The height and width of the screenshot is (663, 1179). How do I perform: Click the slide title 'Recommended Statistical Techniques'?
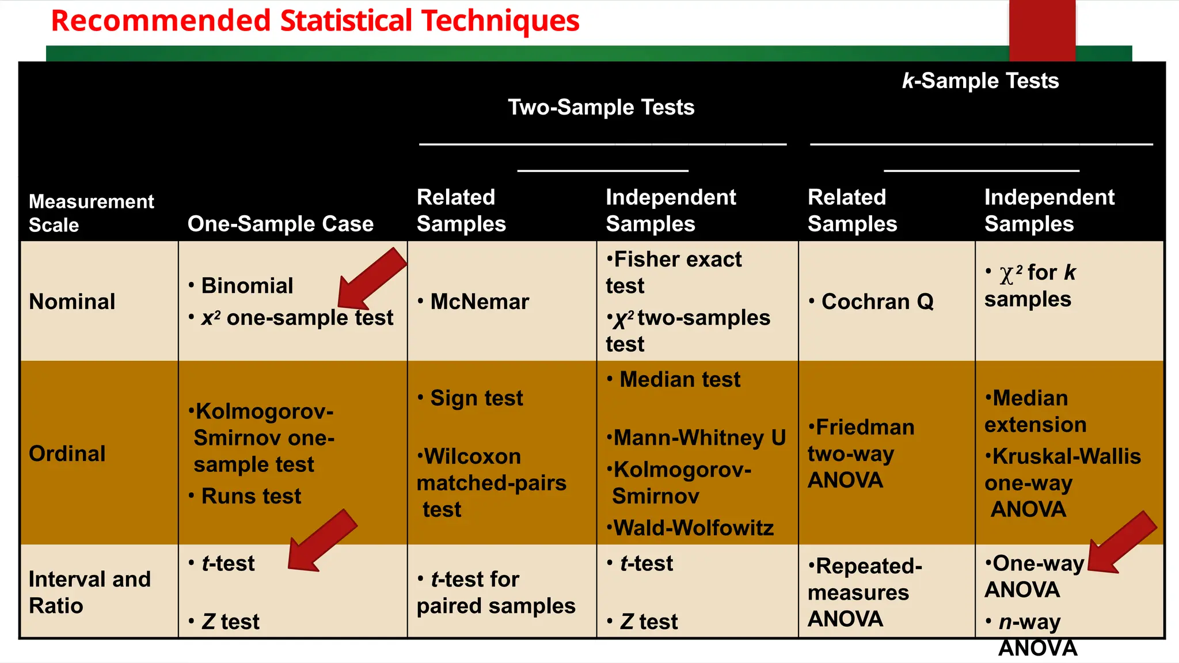(315, 21)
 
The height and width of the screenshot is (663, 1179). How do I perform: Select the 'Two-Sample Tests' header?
(600, 108)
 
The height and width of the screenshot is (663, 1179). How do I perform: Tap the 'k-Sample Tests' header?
(980, 81)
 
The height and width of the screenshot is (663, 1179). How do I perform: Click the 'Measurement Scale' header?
(91, 213)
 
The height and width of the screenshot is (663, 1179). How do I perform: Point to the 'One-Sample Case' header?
(280, 224)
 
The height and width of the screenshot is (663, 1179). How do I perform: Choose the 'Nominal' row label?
(72, 302)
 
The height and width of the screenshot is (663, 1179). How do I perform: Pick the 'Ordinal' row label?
(67, 454)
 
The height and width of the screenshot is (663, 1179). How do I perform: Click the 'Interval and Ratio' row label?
(89, 592)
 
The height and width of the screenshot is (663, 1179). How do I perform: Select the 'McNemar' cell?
(479, 302)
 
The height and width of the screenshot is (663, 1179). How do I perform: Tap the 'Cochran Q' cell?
(877, 302)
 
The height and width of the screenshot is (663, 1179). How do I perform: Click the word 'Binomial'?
(247, 286)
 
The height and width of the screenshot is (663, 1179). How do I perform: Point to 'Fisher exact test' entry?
(674, 272)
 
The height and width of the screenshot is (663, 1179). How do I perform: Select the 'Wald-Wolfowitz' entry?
(693, 528)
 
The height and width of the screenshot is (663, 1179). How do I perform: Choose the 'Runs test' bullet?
(251, 496)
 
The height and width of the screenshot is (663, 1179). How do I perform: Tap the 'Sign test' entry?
(476, 398)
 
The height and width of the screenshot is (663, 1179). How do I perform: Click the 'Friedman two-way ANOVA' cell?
(861, 454)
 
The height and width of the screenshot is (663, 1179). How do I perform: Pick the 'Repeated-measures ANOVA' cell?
(864, 592)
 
